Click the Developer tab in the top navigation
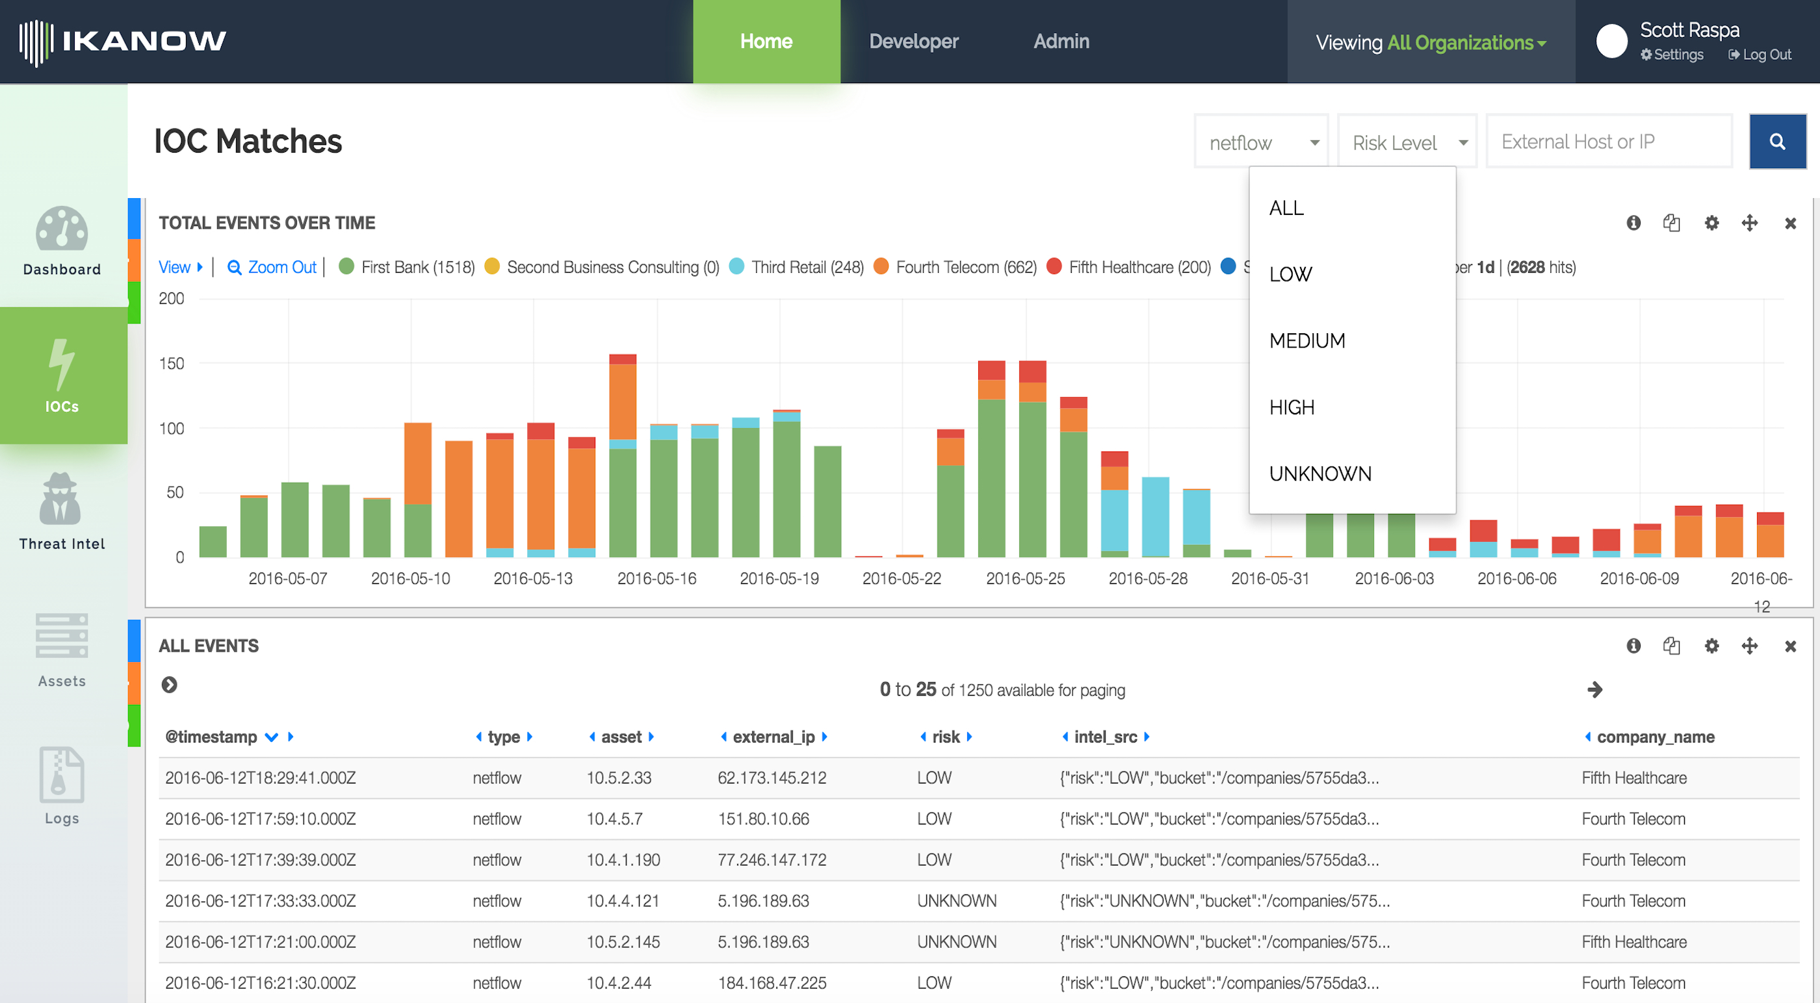point(913,42)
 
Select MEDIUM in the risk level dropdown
point(1307,340)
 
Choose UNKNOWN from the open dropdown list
point(1319,474)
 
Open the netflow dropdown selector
point(1261,142)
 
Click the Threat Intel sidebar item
point(62,511)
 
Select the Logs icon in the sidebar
point(62,785)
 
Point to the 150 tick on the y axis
point(172,364)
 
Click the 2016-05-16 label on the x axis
point(656,579)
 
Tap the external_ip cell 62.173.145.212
point(772,778)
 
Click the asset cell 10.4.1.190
point(623,859)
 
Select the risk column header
point(945,737)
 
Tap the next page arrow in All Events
point(1594,689)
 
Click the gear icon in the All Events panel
point(1711,646)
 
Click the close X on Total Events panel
point(1790,223)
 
